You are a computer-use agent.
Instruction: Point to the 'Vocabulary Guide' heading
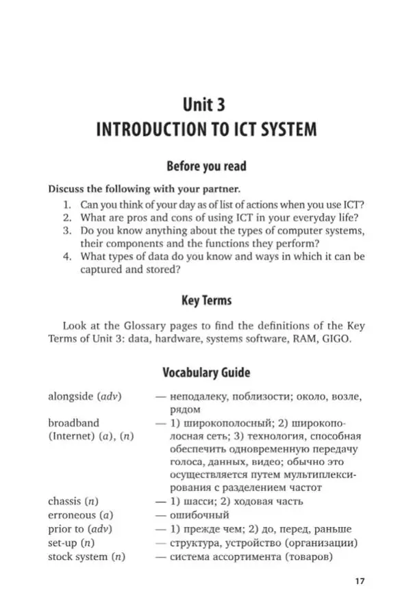click(x=206, y=373)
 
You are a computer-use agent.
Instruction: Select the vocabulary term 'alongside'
click(x=70, y=396)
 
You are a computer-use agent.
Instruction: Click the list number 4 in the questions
click(x=66, y=256)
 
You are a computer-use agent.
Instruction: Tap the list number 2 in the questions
click(x=66, y=217)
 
